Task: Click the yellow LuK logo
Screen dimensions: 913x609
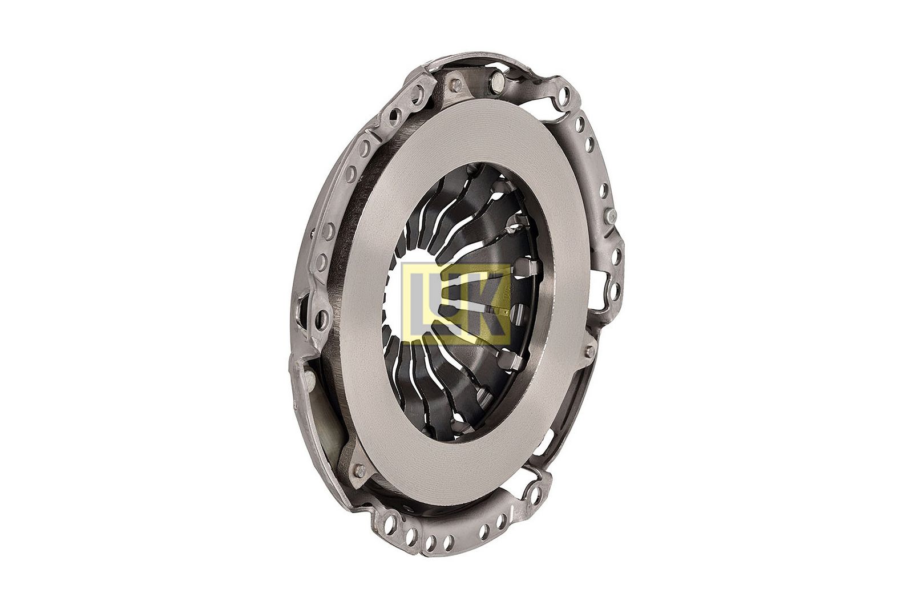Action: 456,304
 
